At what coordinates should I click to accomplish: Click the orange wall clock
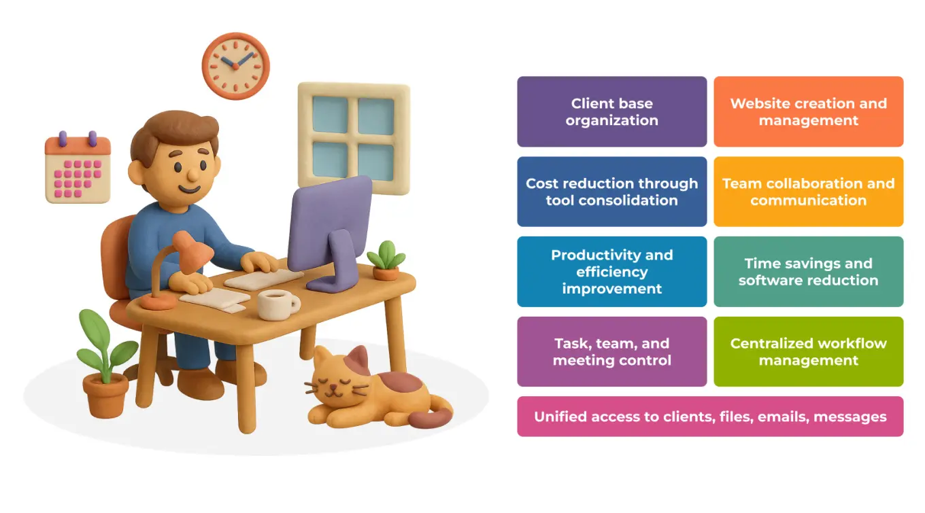[x=235, y=66]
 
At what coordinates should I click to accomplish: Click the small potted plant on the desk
[x=386, y=262]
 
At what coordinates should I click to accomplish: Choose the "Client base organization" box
[x=611, y=111]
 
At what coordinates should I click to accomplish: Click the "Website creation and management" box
[x=808, y=111]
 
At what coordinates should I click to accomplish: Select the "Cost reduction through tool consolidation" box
[x=611, y=192]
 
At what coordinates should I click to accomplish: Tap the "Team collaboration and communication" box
[x=808, y=192]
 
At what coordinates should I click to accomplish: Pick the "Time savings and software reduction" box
[x=808, y=271]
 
